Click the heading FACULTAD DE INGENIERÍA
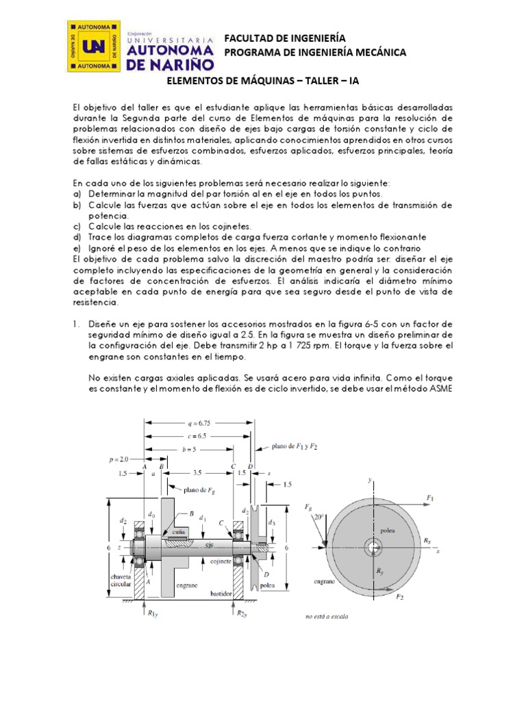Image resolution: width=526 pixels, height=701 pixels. [285, 38]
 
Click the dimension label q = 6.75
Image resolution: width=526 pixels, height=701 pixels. [200, 422]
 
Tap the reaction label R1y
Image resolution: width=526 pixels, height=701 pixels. [152, 613]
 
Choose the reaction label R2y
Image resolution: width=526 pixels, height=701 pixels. [242, 613]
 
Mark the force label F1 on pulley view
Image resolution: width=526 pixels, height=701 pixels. [429, 497]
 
